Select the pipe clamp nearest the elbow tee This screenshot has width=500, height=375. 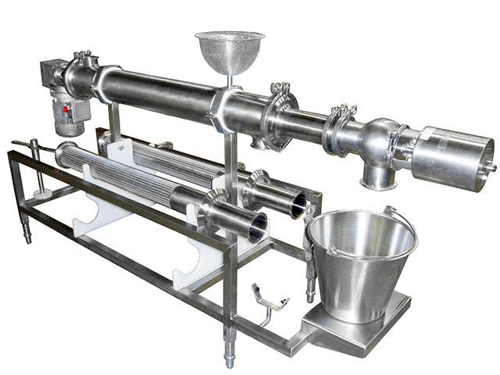pos(341,129)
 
